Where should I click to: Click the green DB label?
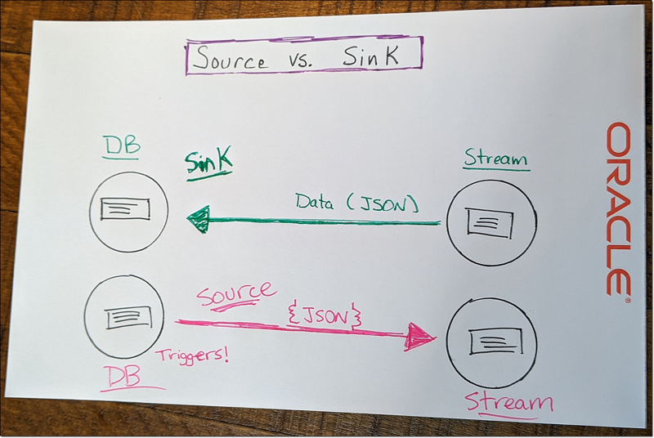click(121, 147)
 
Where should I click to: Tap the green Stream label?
click(495, 158)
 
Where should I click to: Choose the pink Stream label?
click(508, 402)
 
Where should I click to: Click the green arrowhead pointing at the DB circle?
click(198, 219)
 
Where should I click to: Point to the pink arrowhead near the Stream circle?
click(420, 335)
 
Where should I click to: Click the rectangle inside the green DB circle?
click(124, 208)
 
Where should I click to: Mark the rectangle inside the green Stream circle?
click(489, 221)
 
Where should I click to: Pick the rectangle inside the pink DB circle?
click(124, 318)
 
